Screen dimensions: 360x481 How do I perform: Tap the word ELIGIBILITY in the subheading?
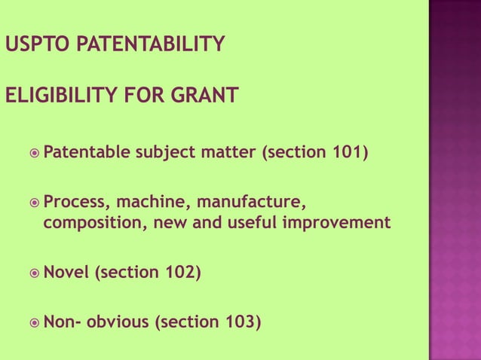tap(56, 96)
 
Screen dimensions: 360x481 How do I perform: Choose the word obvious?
tap(118, 323)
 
